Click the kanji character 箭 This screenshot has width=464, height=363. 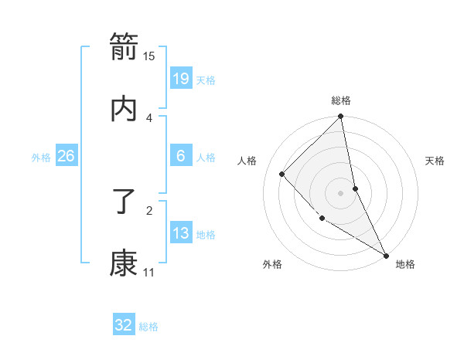point(124,48)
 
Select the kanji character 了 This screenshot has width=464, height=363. point(124,203)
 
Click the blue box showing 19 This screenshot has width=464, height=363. point(181,79)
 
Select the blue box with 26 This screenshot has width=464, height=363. point(67,157)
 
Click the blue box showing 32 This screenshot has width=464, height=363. point(124,325)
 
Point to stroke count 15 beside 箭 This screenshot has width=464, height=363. point(149,56)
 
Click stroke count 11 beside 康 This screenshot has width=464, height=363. point(148,272)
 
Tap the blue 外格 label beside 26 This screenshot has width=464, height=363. point(41,158)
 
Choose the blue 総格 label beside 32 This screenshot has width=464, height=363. point(148,327)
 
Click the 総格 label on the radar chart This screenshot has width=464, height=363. point(341,100)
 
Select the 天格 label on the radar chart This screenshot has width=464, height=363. point(435,161)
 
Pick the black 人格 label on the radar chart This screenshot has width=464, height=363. point(247,161)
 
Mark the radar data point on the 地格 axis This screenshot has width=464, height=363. point(385,254)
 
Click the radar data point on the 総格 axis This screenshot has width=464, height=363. point(341,117)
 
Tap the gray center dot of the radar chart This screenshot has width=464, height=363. point(341,192)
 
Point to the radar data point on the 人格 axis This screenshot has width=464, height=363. point(282,174)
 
